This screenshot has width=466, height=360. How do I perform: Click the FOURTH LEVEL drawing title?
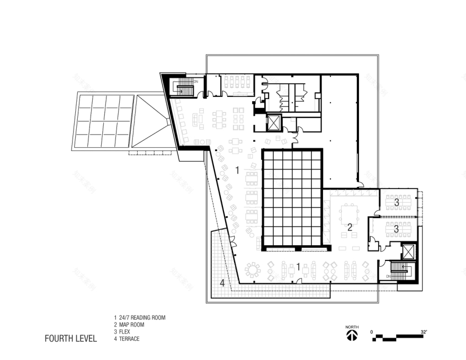point(70,338)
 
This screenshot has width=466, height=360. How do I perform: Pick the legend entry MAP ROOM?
point(132,325)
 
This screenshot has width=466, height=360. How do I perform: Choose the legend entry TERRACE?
point(130,338)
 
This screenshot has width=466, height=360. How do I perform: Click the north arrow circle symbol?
point(352,336)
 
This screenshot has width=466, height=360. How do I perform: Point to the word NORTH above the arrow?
point(352,327)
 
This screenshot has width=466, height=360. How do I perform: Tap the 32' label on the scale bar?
point(424,332)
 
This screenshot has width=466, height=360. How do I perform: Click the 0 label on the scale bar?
point(372,332)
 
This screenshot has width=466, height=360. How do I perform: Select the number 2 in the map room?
point(349,227)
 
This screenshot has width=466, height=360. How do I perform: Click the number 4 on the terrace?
point(222,284)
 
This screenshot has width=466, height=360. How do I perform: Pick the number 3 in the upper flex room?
point(396,202)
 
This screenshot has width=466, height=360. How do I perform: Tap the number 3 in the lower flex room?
point(396,230)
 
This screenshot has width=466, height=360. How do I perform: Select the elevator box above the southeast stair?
point(409,251)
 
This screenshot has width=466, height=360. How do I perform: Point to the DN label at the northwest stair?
point(195,82)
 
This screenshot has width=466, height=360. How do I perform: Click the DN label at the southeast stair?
point(388,276)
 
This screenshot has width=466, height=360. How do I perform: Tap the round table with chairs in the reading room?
point(253,270)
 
